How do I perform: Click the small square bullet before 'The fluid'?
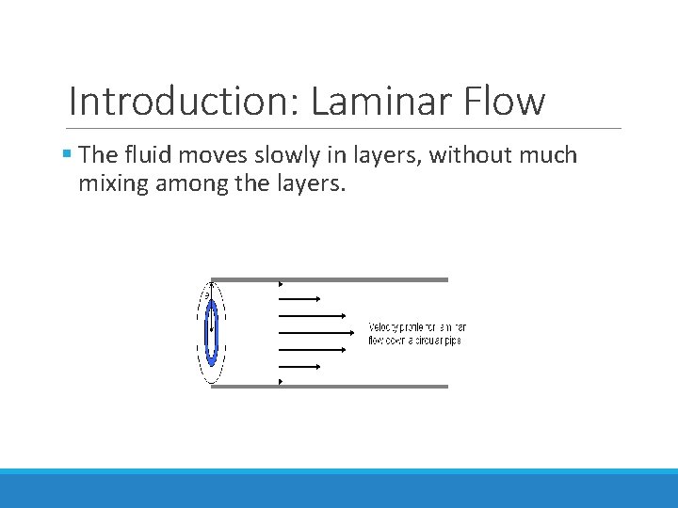(x=72, y=154)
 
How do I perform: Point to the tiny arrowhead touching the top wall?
(x=281, y=283)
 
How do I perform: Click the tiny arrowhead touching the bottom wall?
(x=281, y=382)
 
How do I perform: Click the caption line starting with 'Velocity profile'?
(x=416, y=327)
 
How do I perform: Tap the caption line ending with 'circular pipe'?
(x=414, y=340)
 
